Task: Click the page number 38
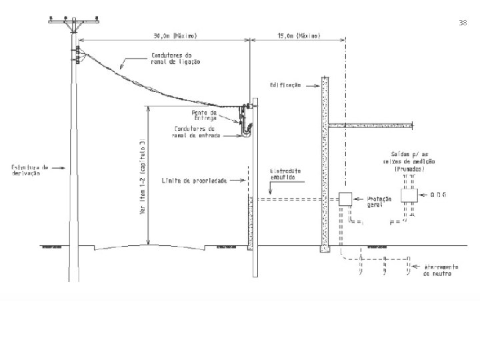click(463, 23)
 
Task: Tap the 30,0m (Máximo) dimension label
click(174, 35)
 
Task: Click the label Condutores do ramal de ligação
click(176, 59)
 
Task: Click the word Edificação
click(286, 85)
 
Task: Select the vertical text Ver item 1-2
click(141, 177)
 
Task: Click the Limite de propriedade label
click(194, 180)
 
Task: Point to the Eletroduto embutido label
click(285, 174)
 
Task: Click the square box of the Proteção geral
click(345, 199)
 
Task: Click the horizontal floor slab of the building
click(370, 125)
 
